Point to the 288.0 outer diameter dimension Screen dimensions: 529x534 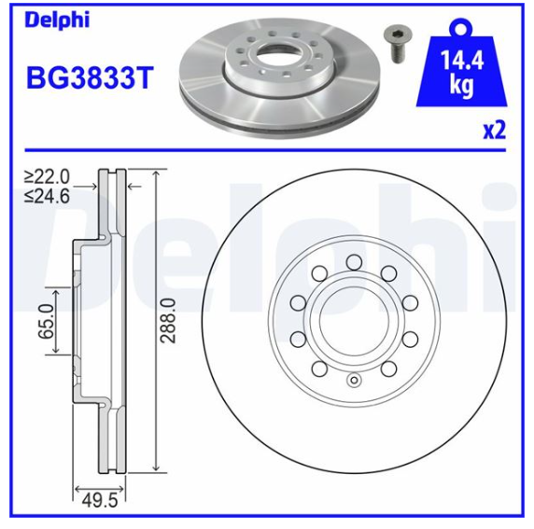(x=168, y=321)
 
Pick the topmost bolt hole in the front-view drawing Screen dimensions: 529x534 (x=353, y=262)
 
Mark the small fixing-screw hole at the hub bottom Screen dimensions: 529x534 (x=353, y=380)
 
